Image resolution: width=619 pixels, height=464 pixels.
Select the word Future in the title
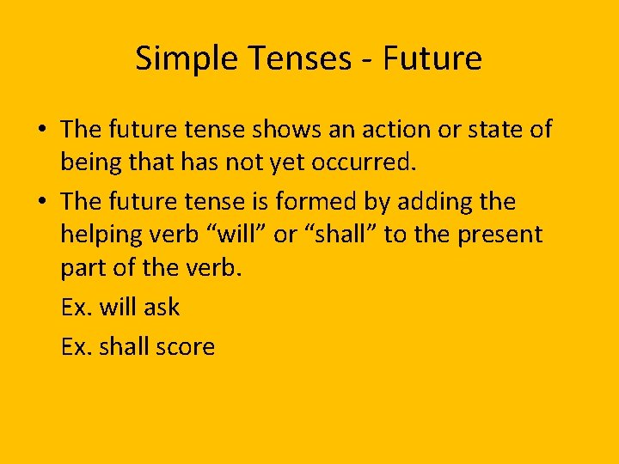coord(432,58)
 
